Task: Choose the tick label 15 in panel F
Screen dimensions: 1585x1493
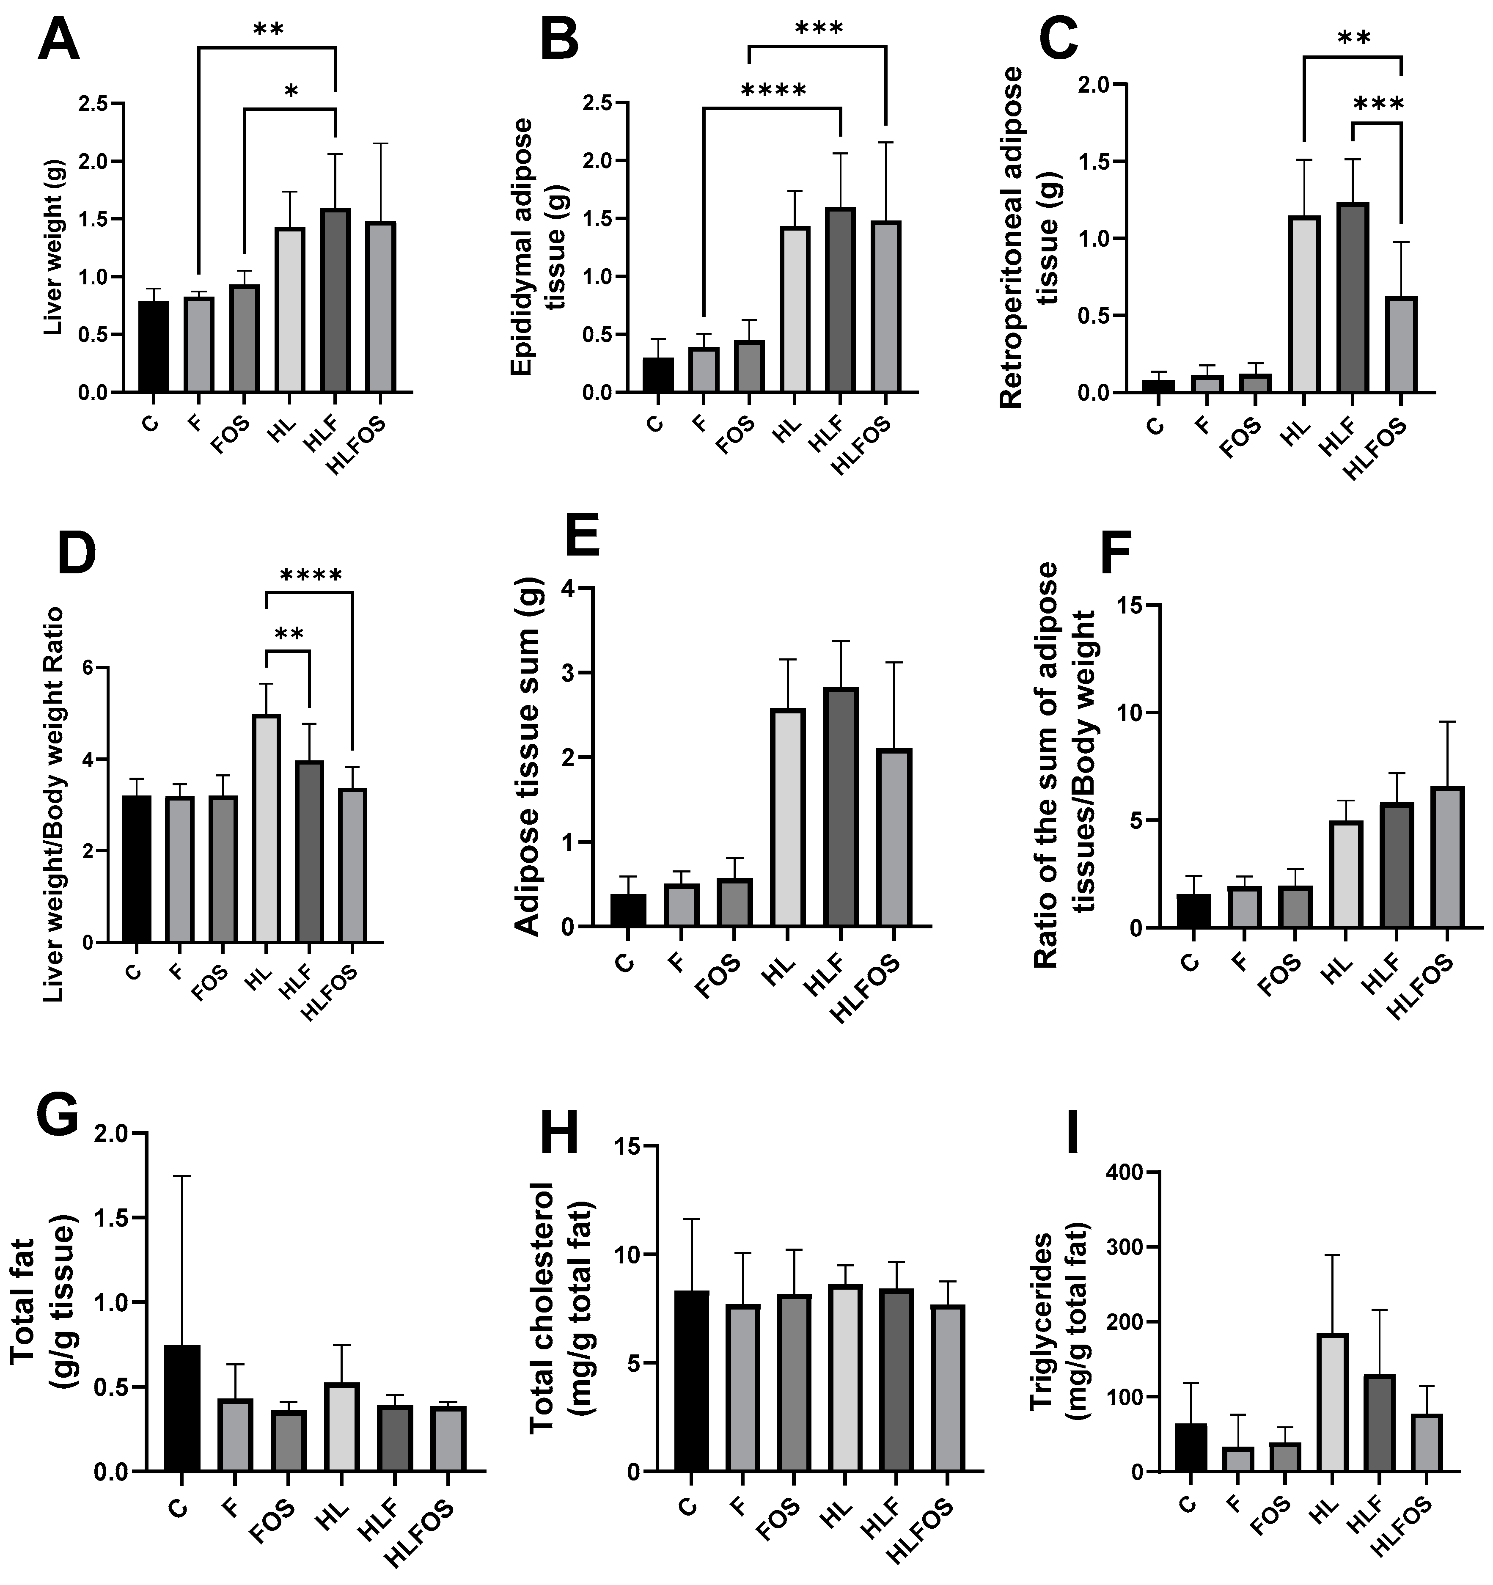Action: (1125, 605)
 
